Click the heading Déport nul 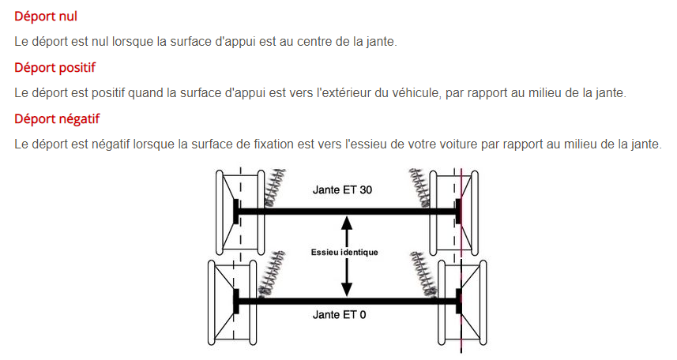(x=46, y=17)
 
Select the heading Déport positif (x=55, y=68)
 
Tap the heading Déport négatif (x=57, y=119)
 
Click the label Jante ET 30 (x=342, y=190)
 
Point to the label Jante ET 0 (x=340, y=315)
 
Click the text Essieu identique (x=344, y=252)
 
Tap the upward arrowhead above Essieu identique (x=346, y=223)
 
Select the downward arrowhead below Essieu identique (x=346, y=289)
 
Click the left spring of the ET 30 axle (x=275, y=187)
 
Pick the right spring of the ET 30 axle (x=419, y=187)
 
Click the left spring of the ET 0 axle (x=272, y=273)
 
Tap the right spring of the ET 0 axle (x=423, y=274)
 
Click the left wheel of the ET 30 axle (x=240, y=212)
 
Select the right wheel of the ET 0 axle (x=462, y=302)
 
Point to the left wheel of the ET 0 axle (x=232, y=302)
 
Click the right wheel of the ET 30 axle (x=453, y=212)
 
